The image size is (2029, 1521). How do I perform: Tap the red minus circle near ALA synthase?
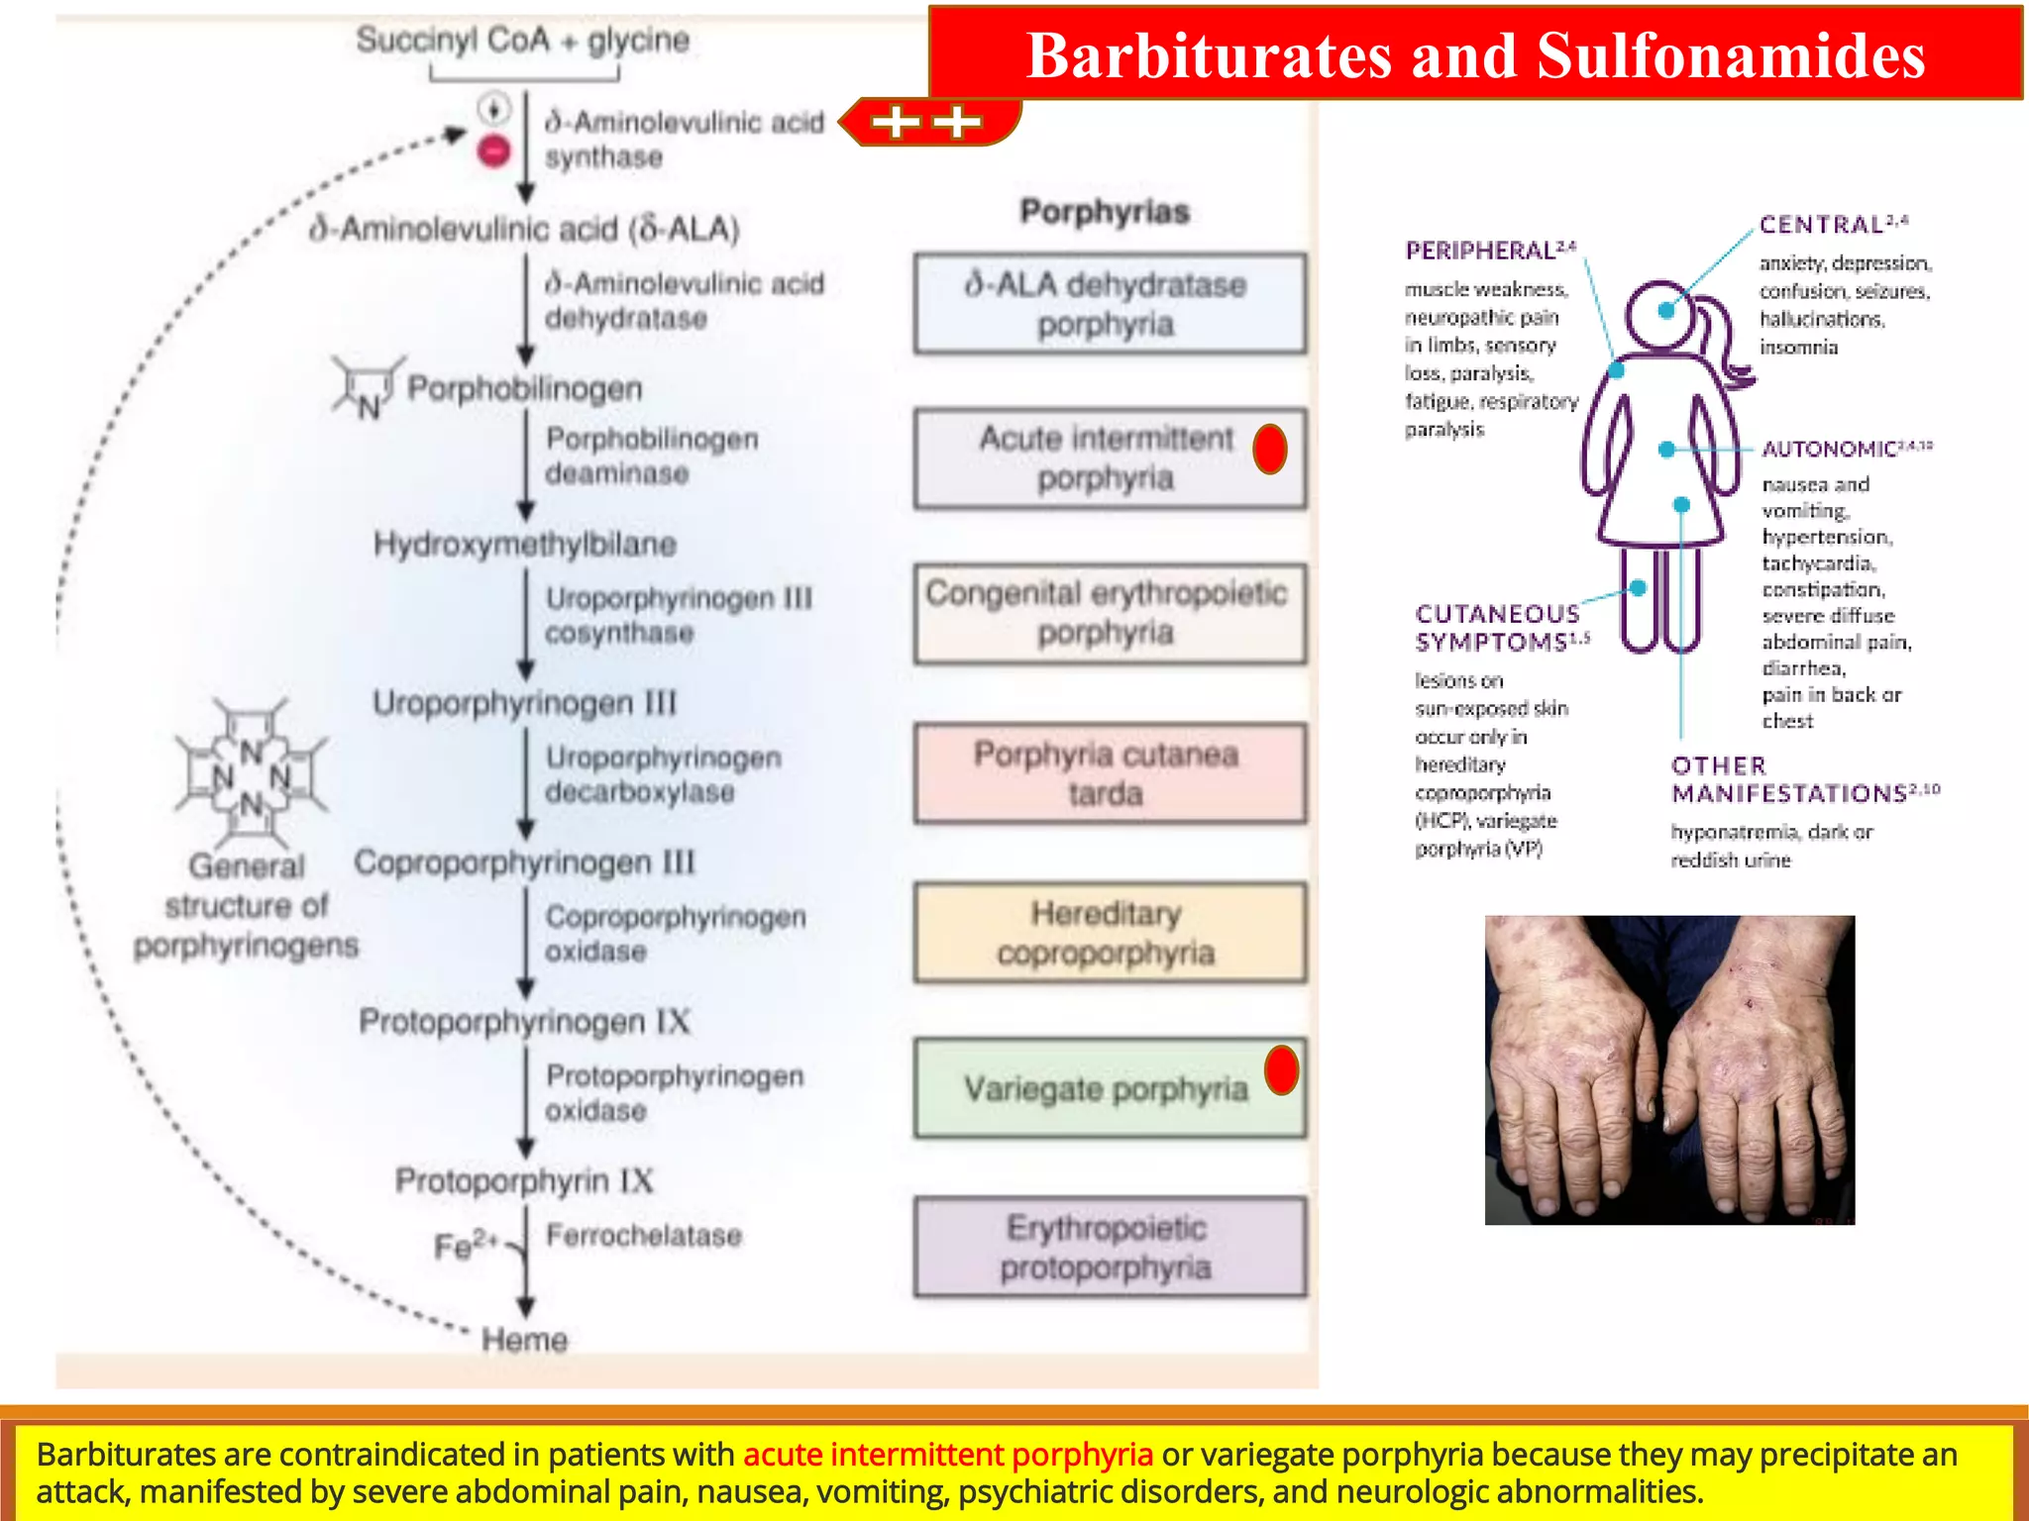[x=493, y=152]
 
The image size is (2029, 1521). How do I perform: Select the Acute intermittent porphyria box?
[x=1108, y=458]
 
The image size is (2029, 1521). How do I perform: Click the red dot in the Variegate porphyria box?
[x=1281, y=1070]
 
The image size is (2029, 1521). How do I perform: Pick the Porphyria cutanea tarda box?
[x=1108, y=774]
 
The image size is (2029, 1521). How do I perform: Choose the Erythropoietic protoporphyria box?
[x=1108, y=1248]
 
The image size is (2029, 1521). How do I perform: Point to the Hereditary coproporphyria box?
[x=1108, y=933]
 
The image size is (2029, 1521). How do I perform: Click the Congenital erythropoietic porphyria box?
[x=1108, y=614]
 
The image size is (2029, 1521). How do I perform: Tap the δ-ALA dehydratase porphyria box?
[x=1108, y=304]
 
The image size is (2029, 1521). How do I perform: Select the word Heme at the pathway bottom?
[x=524, y=1340]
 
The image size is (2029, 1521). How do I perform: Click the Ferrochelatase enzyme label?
[x=643, y=1236]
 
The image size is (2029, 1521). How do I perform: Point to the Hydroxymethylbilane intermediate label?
[x=524, y=545]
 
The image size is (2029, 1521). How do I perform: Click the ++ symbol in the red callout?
[x=925, y=122]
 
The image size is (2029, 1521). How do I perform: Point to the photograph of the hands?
[x=1669, y=1069]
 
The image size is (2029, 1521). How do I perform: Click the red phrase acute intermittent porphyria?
[x=947, y=1455]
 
